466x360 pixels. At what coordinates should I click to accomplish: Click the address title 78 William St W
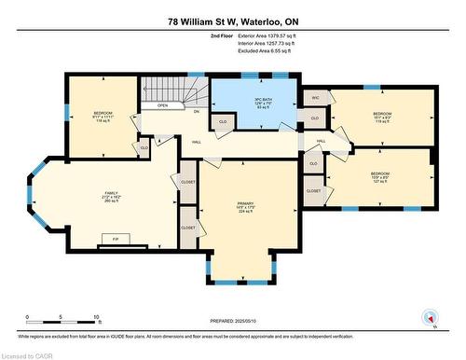232,21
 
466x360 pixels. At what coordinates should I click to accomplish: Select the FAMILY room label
111,198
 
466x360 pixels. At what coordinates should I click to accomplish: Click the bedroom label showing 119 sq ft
381,118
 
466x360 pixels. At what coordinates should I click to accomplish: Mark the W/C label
316,97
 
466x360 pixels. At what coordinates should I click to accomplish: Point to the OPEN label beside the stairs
163,105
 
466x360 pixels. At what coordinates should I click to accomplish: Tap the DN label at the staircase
196,111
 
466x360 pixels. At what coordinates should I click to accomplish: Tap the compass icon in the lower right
431,315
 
